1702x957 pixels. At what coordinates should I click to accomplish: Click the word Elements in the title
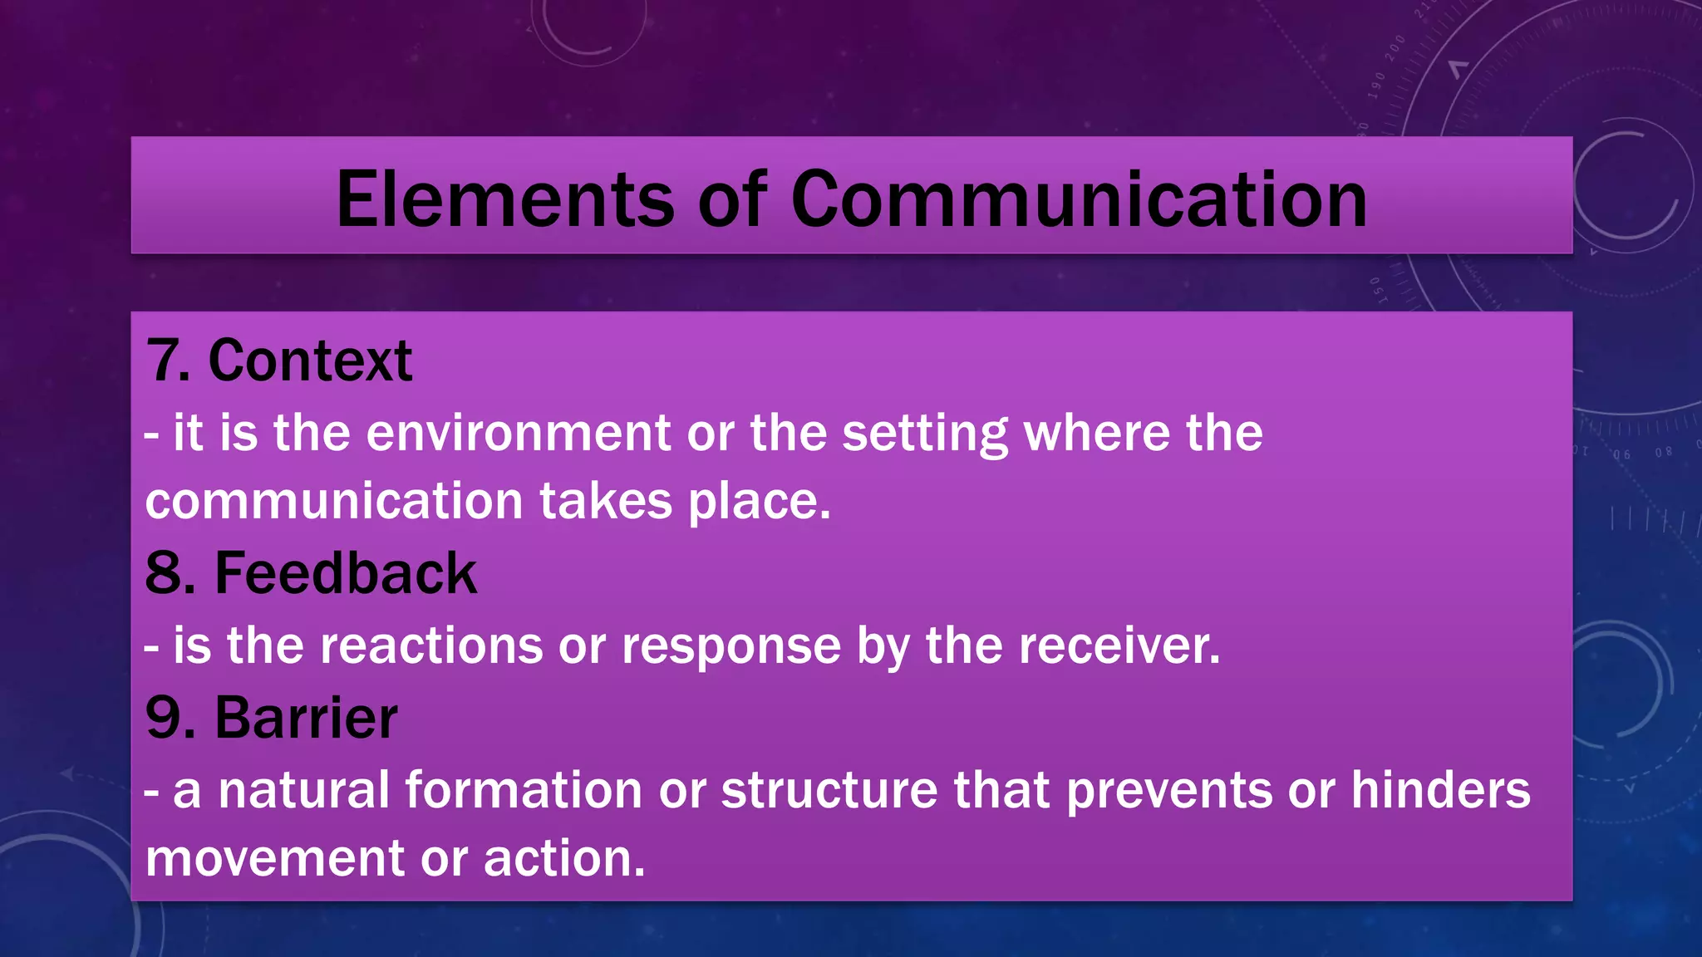coord(504,199)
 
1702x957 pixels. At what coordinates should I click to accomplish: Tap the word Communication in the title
coord(1078,199)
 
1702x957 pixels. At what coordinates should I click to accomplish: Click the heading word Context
coord(310,361)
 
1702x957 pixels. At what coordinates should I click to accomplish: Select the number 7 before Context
coord(163,361)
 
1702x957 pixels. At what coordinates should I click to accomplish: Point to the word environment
coord(518,434)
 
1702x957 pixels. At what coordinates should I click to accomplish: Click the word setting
coord(924,434)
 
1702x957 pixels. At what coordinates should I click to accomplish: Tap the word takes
coord(605,502)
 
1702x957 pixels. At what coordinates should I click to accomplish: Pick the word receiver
coord(1119,645)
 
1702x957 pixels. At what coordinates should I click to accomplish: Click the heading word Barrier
coord(306,718)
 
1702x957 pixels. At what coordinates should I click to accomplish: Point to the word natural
coord(303,790)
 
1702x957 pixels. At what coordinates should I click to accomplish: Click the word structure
coord(829,790)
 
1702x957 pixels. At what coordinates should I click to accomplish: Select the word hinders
coord(1439,790)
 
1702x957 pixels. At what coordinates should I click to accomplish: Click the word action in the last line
coord(563,859)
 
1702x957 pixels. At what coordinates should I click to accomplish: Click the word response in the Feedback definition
coord(730,647)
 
